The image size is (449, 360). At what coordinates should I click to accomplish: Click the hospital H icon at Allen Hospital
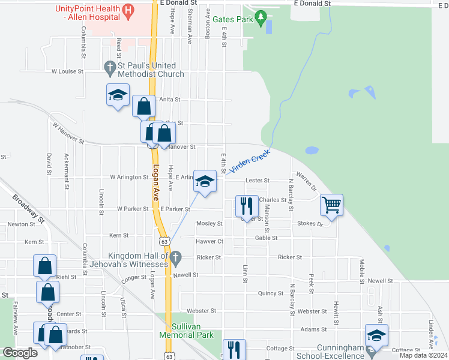pyautogui.click(x=127, y=11)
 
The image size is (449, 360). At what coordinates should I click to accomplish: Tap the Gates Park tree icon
pyautogui.click(x=261, y=19)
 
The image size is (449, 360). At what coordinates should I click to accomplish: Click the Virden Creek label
pyautogui.click(x=248, y=162)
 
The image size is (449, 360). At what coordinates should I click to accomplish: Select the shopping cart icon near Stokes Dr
pyautogui.click(x=331, y=205)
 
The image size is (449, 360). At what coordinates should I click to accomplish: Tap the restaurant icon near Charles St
pyautogui.click(x=247, y=206)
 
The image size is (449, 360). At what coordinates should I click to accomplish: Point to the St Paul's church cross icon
pyautogui.click(x=110, y=69)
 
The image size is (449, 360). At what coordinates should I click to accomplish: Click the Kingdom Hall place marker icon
pyautogui.click(x=176, y=259)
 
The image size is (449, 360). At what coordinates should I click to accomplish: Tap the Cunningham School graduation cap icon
pyautogui.click(x=376, y=335)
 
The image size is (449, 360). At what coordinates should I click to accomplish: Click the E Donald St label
pyautogui.click(x=312, y=4)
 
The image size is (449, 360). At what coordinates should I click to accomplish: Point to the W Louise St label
pyautogui.click(x=67, y=71)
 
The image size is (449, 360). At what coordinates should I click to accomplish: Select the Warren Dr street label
pyautogui.click(x=306, y=183)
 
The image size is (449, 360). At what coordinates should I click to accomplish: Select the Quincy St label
pyautogui.click(x=270, y=293)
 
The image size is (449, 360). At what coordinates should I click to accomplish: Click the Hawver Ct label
pyautogui.click(x=209, y=242)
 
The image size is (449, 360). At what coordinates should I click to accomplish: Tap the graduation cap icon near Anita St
pyautogui.click(x=118, y=95)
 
